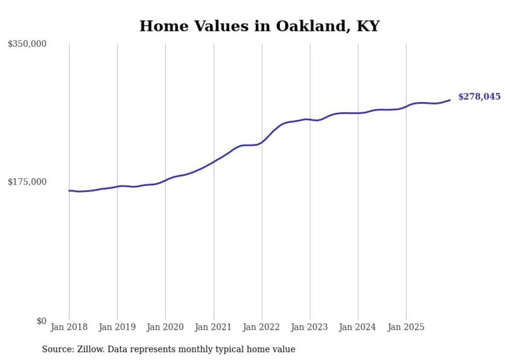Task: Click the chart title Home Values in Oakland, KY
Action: pos(259,26)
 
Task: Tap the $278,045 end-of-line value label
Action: pos(479,96)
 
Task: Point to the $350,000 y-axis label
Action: pos(27,44)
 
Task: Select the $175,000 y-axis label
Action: pos(27,182)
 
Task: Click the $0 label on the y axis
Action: pos(41,321)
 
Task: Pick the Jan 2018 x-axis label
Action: pos(69,327)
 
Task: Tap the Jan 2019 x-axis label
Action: pos(117,327)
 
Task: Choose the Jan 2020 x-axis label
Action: pos(165,327)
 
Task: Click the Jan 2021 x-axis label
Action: pos(213,327)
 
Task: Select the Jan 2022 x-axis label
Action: pos(262,327)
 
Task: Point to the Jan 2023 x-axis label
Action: pos(310,327)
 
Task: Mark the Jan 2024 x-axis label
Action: pos(358,327)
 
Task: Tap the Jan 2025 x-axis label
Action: pos(406,327)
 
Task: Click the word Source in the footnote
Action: pos(56,349)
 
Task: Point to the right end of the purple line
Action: pos(450,100)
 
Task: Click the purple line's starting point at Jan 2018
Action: pos(69,191)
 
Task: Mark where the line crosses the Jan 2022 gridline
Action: pos(262,142)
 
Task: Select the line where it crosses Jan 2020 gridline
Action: pos(165,180)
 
